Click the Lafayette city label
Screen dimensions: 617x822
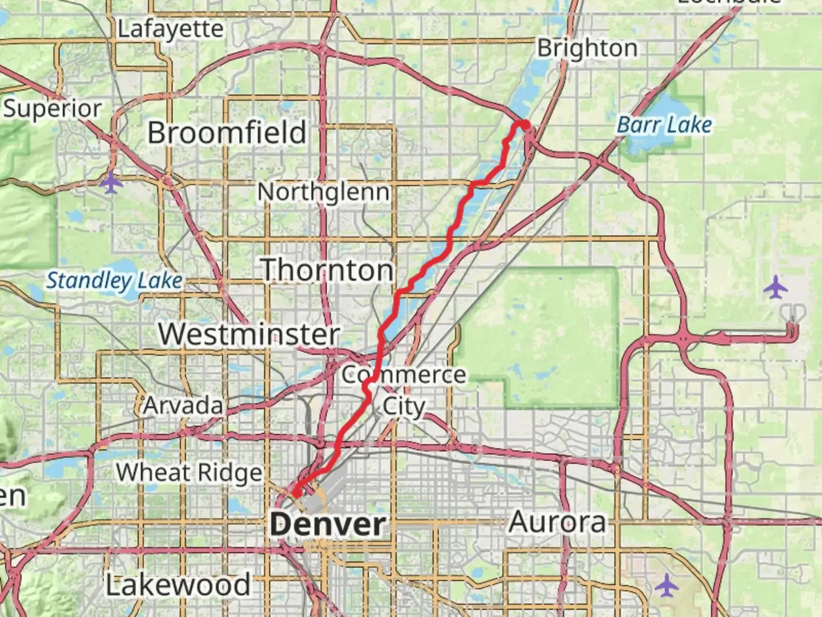click(170, 29)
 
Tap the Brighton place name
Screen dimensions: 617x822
click(587, 49)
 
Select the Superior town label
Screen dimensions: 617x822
click(53, 109)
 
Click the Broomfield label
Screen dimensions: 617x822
click(227, 133)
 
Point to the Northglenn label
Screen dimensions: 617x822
click(324, 192)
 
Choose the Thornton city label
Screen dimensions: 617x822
click(328, 270)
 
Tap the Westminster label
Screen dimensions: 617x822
click(249, 334)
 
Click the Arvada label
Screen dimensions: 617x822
click(183, 406)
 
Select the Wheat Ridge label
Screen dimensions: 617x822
click(189, 473)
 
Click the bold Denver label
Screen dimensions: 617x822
click(328, 524)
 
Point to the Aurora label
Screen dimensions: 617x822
click(557, 522)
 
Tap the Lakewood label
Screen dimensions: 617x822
click(178, 585)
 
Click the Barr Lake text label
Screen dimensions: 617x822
click(665, 125)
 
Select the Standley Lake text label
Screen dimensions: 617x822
click(115, 281)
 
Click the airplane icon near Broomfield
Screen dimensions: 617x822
click(111, 183)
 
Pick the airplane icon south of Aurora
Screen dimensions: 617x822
click(666, 586)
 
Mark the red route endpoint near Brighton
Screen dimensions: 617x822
click(524, 124)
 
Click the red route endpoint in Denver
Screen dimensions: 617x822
click(297, 492)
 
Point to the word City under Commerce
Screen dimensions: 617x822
click(404, 407)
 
